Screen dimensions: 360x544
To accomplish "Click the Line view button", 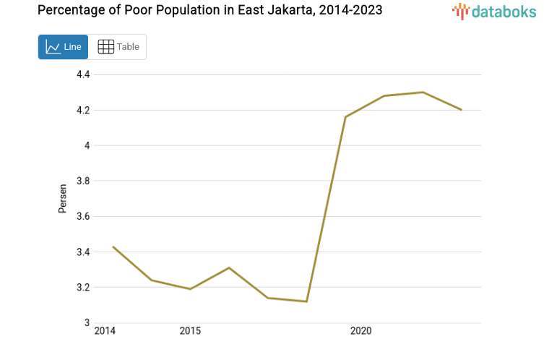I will tap(63, 47).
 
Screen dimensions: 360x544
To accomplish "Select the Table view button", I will tap(118, 47).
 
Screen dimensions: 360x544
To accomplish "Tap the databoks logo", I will tap(493, 11).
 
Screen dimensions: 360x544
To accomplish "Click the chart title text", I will tap(210, 10).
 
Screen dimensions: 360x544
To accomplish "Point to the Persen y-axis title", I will tap(63, 199).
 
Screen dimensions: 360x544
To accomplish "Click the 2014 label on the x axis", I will tap(105, 331).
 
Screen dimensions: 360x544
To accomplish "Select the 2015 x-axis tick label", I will tap(190, 331).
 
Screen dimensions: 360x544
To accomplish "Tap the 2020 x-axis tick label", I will tap(360, 331).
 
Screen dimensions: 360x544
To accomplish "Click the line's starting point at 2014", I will tap(113, 247).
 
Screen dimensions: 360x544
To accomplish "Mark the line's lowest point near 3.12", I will tap(306, 301).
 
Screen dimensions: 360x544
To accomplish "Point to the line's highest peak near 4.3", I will tap(423, 92).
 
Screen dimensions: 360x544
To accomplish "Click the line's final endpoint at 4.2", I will tap(461, 110).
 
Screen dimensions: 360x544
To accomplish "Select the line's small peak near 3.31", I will tap(229, 267).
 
